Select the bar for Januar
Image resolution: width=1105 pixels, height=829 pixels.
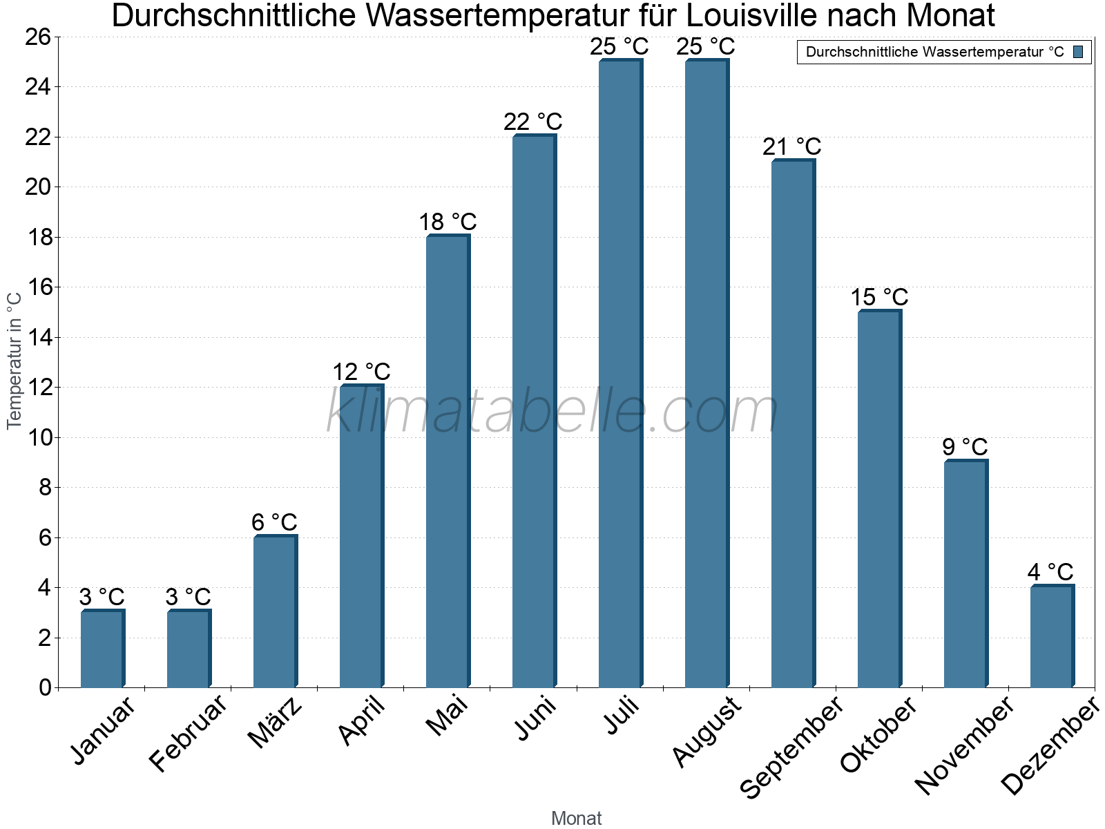(102, 649)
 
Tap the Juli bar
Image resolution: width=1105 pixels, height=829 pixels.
(620, 373)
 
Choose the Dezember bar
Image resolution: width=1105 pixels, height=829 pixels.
(1052, 636)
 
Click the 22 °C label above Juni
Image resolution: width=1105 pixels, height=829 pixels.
(532, 122)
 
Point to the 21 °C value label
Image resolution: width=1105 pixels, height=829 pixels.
(791, 146)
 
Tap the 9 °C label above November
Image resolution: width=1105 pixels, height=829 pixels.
(965, 447)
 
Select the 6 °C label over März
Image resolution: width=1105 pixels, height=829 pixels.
(274, 522)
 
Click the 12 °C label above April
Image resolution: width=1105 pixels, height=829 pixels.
(361, 372)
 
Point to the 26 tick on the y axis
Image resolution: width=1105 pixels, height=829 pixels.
(38, 37)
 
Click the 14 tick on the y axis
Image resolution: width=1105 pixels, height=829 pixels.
(38, 337)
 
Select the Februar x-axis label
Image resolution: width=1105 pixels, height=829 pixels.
(188, 732)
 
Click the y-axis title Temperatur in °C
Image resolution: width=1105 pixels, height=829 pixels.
(15, 360)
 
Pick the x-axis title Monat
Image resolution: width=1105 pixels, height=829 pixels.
(576, 818)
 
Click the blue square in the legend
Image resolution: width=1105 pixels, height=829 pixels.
(1078, 52)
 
